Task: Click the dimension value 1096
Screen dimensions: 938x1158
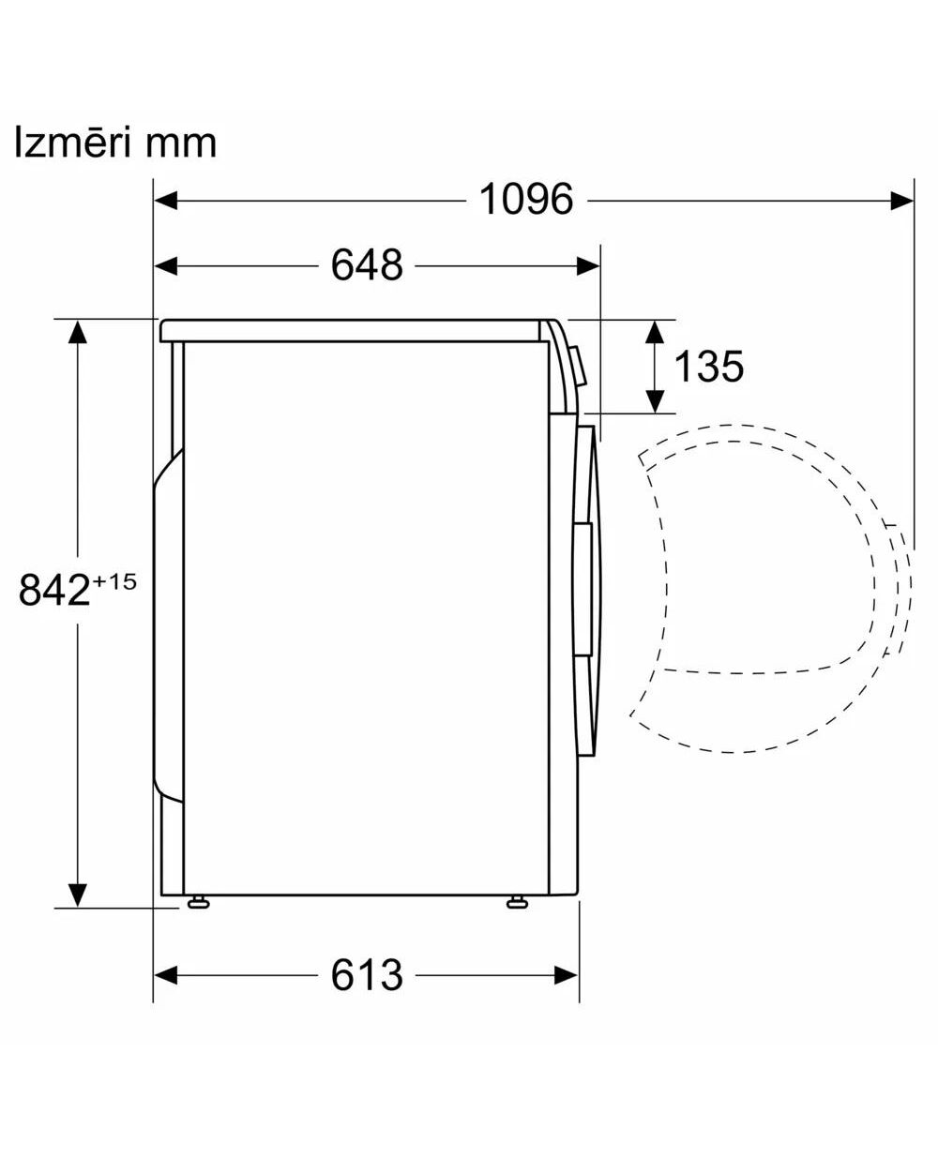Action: click(x=526, y=200)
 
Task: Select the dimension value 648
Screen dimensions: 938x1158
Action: click(x=367, y=265)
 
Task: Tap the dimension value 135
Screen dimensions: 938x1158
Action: click(x=708, y=366)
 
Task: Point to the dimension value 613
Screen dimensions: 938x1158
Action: click(x=367, y=975)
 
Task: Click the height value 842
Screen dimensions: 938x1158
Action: click(x=53, y=591)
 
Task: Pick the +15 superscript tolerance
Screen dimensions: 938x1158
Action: click(x=114, y=581)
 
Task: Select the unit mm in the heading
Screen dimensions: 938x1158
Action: click(x=181, y=145)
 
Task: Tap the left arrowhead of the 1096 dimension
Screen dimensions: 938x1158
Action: click(x=166, y=200)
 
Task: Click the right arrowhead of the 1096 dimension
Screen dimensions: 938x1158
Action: click(x=902, y=200)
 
